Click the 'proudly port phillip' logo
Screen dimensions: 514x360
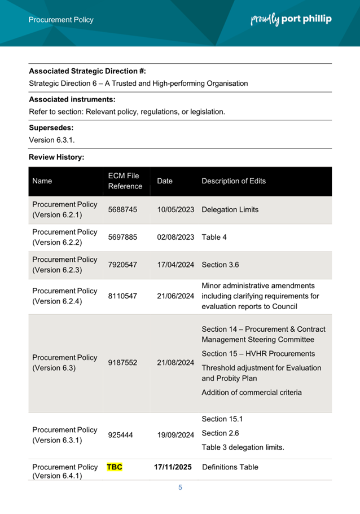pyautogui.click(x=291, y=19)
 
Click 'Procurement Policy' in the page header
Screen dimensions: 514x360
pyautogui.click(x=61, y=20)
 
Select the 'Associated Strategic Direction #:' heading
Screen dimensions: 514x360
pyautogui.click(x=87, y=71)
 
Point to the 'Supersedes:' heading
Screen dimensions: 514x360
pyautogui.click(x=51, y=128)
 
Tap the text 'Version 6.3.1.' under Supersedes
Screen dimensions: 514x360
pyautogui.click(x=52, y=139)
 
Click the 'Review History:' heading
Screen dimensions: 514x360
pyautogui.click(x=56, y=157)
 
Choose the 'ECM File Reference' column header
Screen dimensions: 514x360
pyautogui.click(x=125, y=181)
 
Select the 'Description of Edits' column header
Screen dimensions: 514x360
pyautogui.click(x=234, y=181)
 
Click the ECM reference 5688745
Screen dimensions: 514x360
pyautogui.click(x=122, y=209)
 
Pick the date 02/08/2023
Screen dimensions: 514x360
pyautogui.click(x=175, y=237)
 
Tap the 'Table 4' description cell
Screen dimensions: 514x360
pyautogui.click(x=214, y=237)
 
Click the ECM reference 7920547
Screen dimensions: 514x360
pyautogui.click(x=122, y=265)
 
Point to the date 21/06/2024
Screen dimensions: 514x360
pyautogui.click(x=175, y=296)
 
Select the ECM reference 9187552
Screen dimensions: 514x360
pyautogui.click(x=122, y=363)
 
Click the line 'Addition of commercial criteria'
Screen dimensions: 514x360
pyautogui.click(x=252, y=392)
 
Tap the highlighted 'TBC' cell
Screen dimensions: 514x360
pyautogui.click(x=115, y=467)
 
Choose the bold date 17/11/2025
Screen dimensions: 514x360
pyautogui.click(x=173, y=467)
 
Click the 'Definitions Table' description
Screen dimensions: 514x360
pyautogui.click(x=230, y=467)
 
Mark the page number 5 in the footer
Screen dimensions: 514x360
pyautogui.click(x=180, y=487)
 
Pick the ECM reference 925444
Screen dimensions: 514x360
pyautogui.click(x=120, y=435)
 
